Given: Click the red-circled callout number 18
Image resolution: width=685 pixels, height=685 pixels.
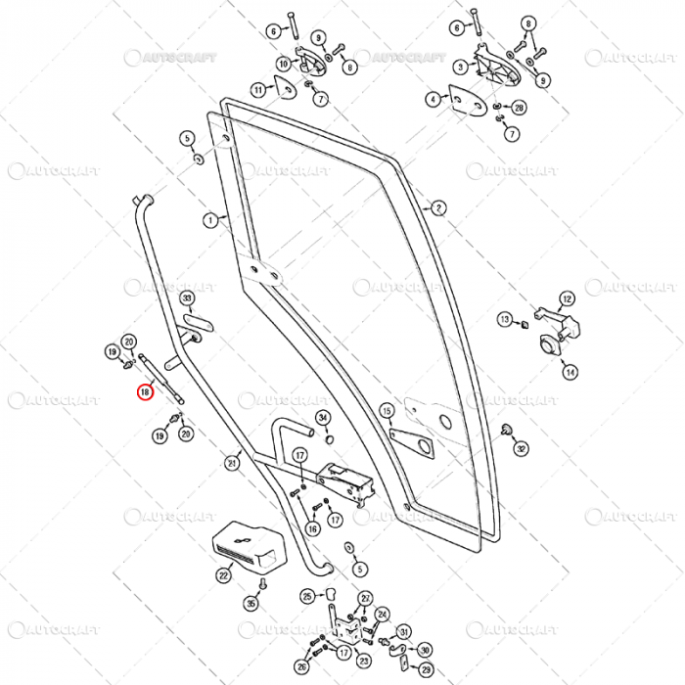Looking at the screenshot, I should (x=144, y=392).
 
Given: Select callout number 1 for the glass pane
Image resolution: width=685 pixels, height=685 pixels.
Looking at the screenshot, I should (x=209, y=220).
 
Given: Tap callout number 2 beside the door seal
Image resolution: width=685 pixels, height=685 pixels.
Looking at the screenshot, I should (x=438, y=207).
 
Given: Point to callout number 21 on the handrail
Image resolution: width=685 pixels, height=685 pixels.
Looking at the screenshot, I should (x=232, y=463).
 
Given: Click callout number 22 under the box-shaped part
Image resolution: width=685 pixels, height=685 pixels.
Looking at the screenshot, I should (x=224, y=576).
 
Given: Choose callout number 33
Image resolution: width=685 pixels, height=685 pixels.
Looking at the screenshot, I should (x=187, y=297).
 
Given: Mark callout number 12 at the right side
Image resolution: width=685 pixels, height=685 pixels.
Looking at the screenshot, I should (x=568, y=298).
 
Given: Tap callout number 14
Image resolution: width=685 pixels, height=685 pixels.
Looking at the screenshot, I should (x=570, y=372).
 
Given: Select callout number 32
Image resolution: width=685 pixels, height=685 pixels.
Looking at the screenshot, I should (x=522, y=448).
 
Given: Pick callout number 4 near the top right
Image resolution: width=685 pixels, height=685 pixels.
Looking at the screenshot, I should (x=433, y=99).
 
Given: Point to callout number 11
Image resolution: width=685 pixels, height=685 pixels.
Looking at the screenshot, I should (x=258, y=90).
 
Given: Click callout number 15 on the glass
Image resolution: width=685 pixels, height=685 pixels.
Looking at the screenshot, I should (x=387, y=411).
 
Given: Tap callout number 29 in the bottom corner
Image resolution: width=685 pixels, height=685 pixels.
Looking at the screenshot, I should (x=425, y=669).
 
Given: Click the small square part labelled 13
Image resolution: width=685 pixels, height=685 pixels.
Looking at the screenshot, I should (x=525, y=319).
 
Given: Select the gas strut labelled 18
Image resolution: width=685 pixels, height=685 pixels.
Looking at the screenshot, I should (x=161, y=377).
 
